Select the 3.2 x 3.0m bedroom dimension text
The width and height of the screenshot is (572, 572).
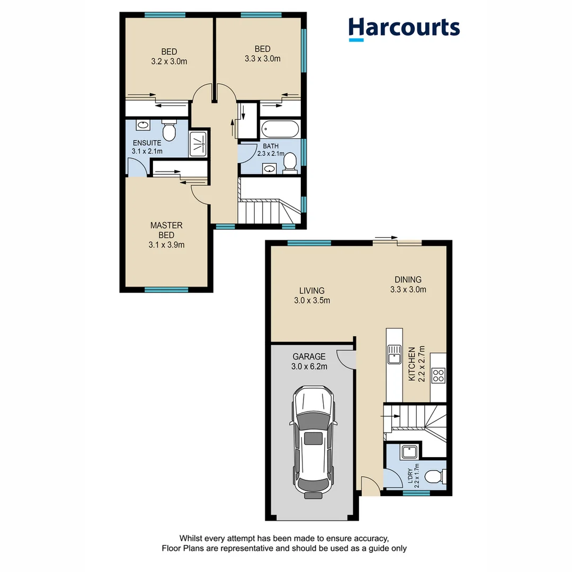pyautogui.click(x=169, y=61)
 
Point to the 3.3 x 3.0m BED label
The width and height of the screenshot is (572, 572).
pyautogui.click(x=262, y=54)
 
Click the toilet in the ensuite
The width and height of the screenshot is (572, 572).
pyautogui.click(x=169, y=131)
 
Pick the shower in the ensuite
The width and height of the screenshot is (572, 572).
pyautogui.click(x=198, y=143)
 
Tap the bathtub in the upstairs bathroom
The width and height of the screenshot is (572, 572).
pyautogui.click(x=280, y=129)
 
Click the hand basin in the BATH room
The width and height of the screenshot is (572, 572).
pyautogui.click(x=270, y=169)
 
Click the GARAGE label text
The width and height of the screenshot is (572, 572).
pyautogui.click(x=309, y=356)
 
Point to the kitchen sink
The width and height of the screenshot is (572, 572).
pyautogui.click(x=394, y=354)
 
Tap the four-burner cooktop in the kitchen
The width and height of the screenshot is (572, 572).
pyautogui.click(x=439, y=376)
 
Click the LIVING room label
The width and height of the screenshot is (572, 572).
pyautogui.click(x=311, y=291)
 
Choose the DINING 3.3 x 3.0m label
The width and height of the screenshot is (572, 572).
pyautogui.click(x=408, y=284)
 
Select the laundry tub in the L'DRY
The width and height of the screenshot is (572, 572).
pyautogui.click(x=409, y=452)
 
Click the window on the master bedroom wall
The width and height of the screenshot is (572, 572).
pyautogui.click(x=166, y=290)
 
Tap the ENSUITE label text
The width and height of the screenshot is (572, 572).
pyautogui.click(x=147, y=143)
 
